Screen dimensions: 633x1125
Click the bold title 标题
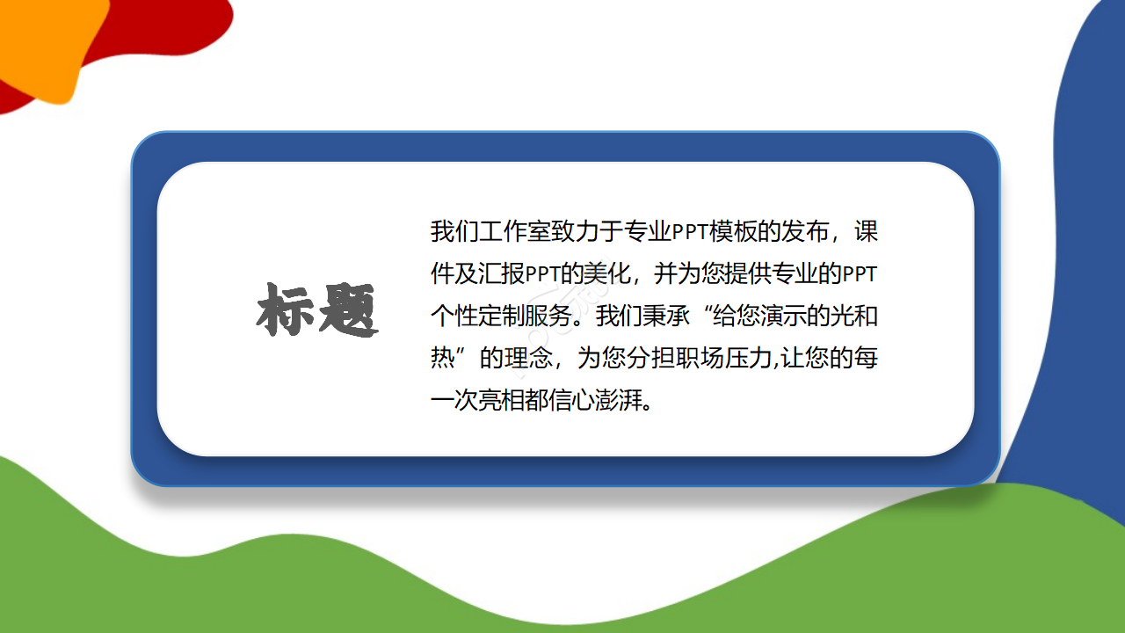point(317,311)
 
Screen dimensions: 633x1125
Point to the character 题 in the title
point(348,311)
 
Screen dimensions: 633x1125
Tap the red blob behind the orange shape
point(176,26)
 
